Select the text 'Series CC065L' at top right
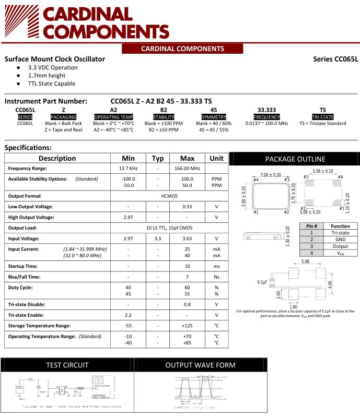[x=335, y=59]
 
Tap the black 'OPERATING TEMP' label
[x=113, y=117]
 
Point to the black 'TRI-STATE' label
[x=322, y=117]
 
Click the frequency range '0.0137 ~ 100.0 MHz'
[x=266, y=124]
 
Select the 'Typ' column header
[x=157, y=158]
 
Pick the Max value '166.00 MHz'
[x=187, y=169]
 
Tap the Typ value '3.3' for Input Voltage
[x=157, y=239]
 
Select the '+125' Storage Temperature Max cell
[x=187, y=326]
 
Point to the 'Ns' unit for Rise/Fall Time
[x=216, y=277]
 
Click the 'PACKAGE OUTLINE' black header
[x=295, y=159]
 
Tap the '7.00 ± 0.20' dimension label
[x=271, y=174]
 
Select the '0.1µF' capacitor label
[x=262, y=282]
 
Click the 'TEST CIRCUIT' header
[x=67, y=365]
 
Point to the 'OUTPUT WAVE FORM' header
[x=200, y=365]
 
